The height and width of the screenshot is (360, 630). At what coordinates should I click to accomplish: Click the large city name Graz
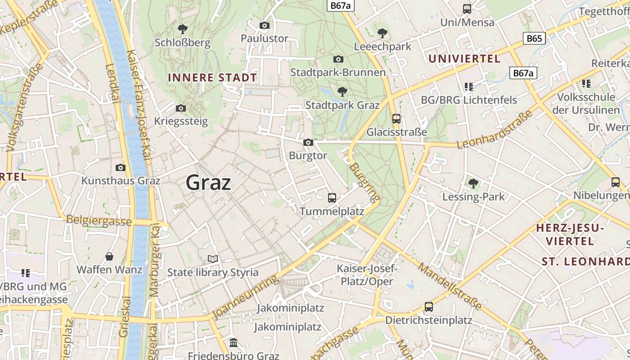click(x=208, y=183)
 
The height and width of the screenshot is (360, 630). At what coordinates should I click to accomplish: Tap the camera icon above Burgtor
click(x=308, y=143)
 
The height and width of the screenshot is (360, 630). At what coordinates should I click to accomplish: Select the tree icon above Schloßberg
click(x=183, y=30)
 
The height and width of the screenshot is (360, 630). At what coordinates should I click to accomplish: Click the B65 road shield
click(x=534, y=38)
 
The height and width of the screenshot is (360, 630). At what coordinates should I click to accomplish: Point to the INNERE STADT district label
click(x=212, y=77)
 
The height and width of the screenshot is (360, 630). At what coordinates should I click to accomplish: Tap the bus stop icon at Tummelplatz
click(x=332, y=198)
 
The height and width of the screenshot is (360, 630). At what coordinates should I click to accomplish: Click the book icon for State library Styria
click(x=213, y=259)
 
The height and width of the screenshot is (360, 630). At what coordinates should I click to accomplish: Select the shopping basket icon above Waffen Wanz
click(x=109, y=256)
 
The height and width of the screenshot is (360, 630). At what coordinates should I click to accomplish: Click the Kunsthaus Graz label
click(x=121, y=181)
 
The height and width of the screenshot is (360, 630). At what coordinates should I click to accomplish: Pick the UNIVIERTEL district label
click(x=464, y=59)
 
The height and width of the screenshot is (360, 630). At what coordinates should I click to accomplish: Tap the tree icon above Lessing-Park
click(x=473, y=183)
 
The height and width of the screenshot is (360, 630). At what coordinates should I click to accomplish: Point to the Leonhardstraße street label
click(x=495, y=129)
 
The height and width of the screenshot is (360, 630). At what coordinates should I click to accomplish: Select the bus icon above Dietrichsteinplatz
click(x=429, y=307)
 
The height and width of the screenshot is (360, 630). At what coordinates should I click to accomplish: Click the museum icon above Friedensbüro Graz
click(x=234, y=343)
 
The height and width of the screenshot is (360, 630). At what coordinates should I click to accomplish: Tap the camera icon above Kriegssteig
click(x=181, y=108)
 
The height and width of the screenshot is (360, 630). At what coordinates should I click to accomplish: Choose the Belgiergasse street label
click(x=99, y=221)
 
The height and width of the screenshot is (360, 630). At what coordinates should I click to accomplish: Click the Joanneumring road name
click(x=245, y=297)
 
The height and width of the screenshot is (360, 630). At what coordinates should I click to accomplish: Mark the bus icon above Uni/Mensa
click(x=467, y=9)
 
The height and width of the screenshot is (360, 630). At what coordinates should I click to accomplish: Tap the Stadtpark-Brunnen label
click(x=338, y=72)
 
